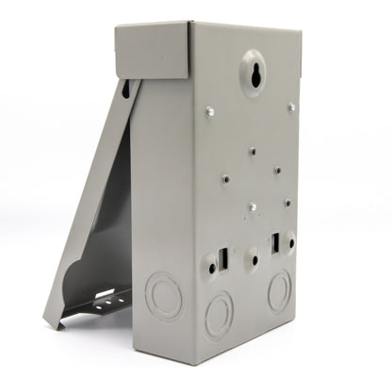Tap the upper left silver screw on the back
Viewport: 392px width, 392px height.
(209, 112)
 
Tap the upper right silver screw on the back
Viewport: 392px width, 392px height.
(291, 106)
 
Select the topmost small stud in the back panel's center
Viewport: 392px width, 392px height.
(252, 149)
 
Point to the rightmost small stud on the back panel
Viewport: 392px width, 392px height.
(286, 201)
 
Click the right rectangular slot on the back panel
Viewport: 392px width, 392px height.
(277, 243)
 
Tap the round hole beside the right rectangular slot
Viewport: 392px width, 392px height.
(289, 241)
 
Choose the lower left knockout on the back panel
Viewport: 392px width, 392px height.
(219, 312)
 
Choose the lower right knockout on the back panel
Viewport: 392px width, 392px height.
(280, 291)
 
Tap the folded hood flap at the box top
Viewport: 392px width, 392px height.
(151, 52)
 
